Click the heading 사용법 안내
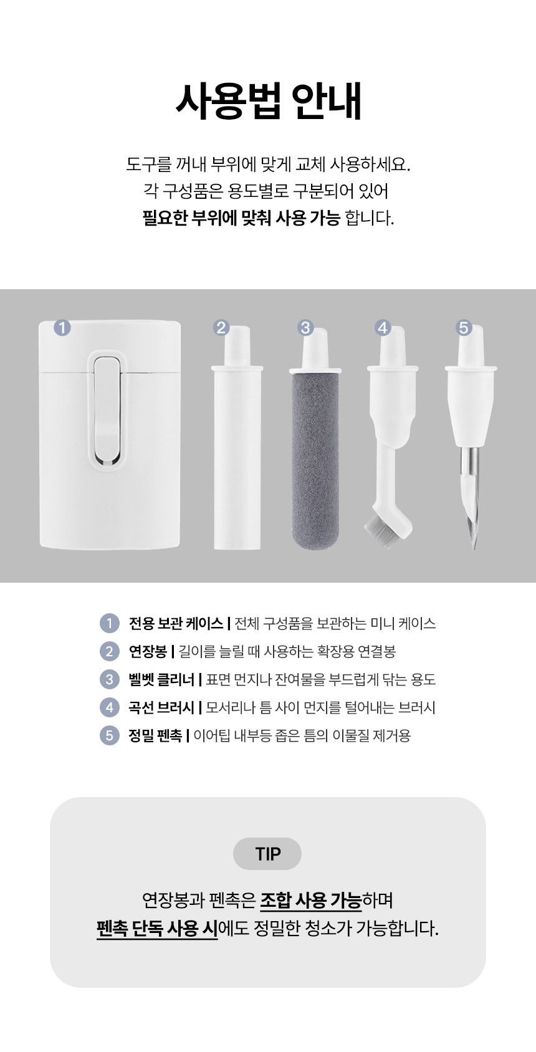coord(268,101)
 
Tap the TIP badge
coord(267,853)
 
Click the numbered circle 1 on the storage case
coord(62,327)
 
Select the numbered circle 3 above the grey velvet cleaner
coord(305,327)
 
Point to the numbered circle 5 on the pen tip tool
coord(464,327)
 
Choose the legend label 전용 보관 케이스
coord(176,623)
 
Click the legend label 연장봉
coord(148,651)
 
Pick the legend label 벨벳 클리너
coord(161,679)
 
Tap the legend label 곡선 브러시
coord(161,707)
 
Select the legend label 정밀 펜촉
coord(155,735)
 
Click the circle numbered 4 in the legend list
coord(110,707)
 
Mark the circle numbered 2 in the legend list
coord(110,651)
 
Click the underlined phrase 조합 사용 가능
coord(311,901)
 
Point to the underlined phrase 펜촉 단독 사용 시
coord(157,929)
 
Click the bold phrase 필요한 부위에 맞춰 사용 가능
coord(241,218)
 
